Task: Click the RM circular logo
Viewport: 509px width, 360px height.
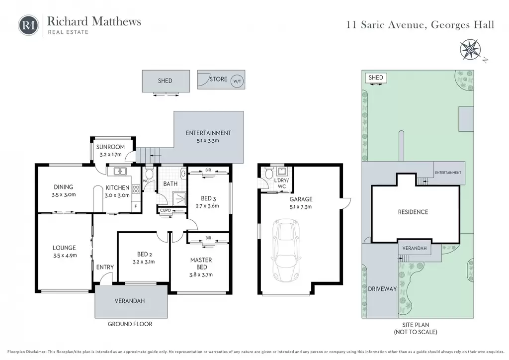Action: click(x=28, y=25)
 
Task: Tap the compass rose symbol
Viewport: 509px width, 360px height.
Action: click(x=470, y=50)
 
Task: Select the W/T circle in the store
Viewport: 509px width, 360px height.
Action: click(x=237, y=81)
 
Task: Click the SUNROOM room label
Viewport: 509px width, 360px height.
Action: click(x=110, y=147)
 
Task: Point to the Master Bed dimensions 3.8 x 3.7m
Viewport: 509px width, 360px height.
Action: click(x=201, y=274)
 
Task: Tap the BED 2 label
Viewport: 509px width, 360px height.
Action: click(x=145, y=254)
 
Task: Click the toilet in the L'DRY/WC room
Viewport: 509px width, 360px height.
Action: click(x=269, y=174)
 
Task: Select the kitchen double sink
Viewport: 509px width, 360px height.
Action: click(x=117, y=171)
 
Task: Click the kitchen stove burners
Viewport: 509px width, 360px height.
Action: click(x=136, y=189)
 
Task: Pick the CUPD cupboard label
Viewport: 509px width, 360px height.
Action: click(x=166, y=210)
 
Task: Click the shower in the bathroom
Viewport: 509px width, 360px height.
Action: click(x=179, y=198)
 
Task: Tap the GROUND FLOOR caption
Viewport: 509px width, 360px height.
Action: click(x=130, y=324)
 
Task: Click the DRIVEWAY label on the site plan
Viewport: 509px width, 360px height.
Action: click(x=382, y=289)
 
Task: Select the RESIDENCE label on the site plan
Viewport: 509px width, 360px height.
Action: click(x=413, y=212)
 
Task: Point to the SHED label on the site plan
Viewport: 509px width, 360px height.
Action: click(x=376, y=78)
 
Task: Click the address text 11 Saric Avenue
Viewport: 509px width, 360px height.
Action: click(x=386, y=25)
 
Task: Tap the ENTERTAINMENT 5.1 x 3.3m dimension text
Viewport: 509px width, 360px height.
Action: click(x=208, y=141)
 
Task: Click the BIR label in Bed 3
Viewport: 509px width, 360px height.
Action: click(x=208, y=170)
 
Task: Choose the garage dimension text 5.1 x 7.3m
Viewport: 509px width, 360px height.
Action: click(x=301, y=207)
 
